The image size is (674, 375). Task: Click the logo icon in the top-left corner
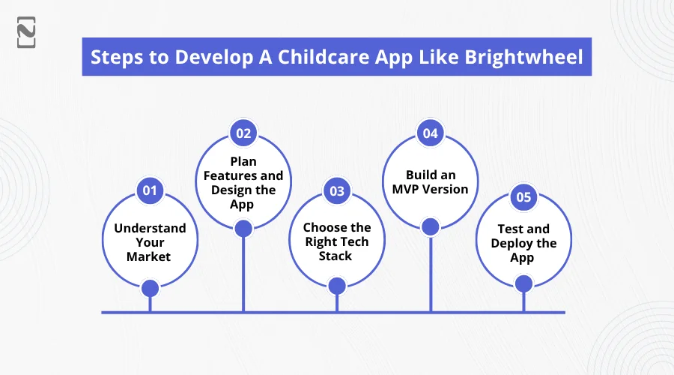(26, 32)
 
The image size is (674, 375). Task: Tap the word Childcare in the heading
(324, 57)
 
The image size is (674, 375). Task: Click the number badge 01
(150, 190)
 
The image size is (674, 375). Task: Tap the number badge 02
(243, 133)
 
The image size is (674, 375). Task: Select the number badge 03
(337, 190)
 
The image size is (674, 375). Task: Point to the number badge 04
(431, 133)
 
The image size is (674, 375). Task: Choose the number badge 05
(523, 196)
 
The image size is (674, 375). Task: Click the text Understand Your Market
(150, 242)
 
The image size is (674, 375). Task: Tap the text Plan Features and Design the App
(243, 182)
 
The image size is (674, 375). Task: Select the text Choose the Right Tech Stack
(337, 241)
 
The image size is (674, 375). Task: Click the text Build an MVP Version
(431, 181)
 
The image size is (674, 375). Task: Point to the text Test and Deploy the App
(523, 243)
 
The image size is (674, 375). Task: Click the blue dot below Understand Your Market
(150, 289)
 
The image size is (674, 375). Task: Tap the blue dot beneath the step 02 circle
(243, 229)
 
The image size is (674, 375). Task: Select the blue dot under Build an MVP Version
(431, 227)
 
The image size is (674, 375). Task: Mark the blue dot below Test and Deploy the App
(523, 284)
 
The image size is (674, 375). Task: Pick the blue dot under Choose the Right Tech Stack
(337, 286)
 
